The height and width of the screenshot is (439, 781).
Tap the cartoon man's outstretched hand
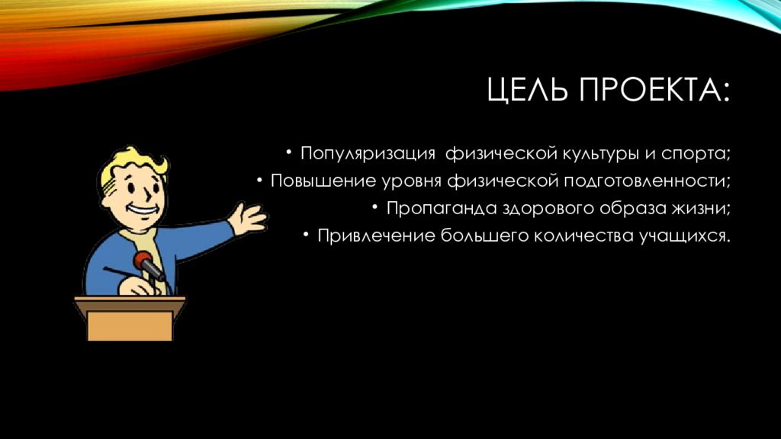click(x=248, y=218)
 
